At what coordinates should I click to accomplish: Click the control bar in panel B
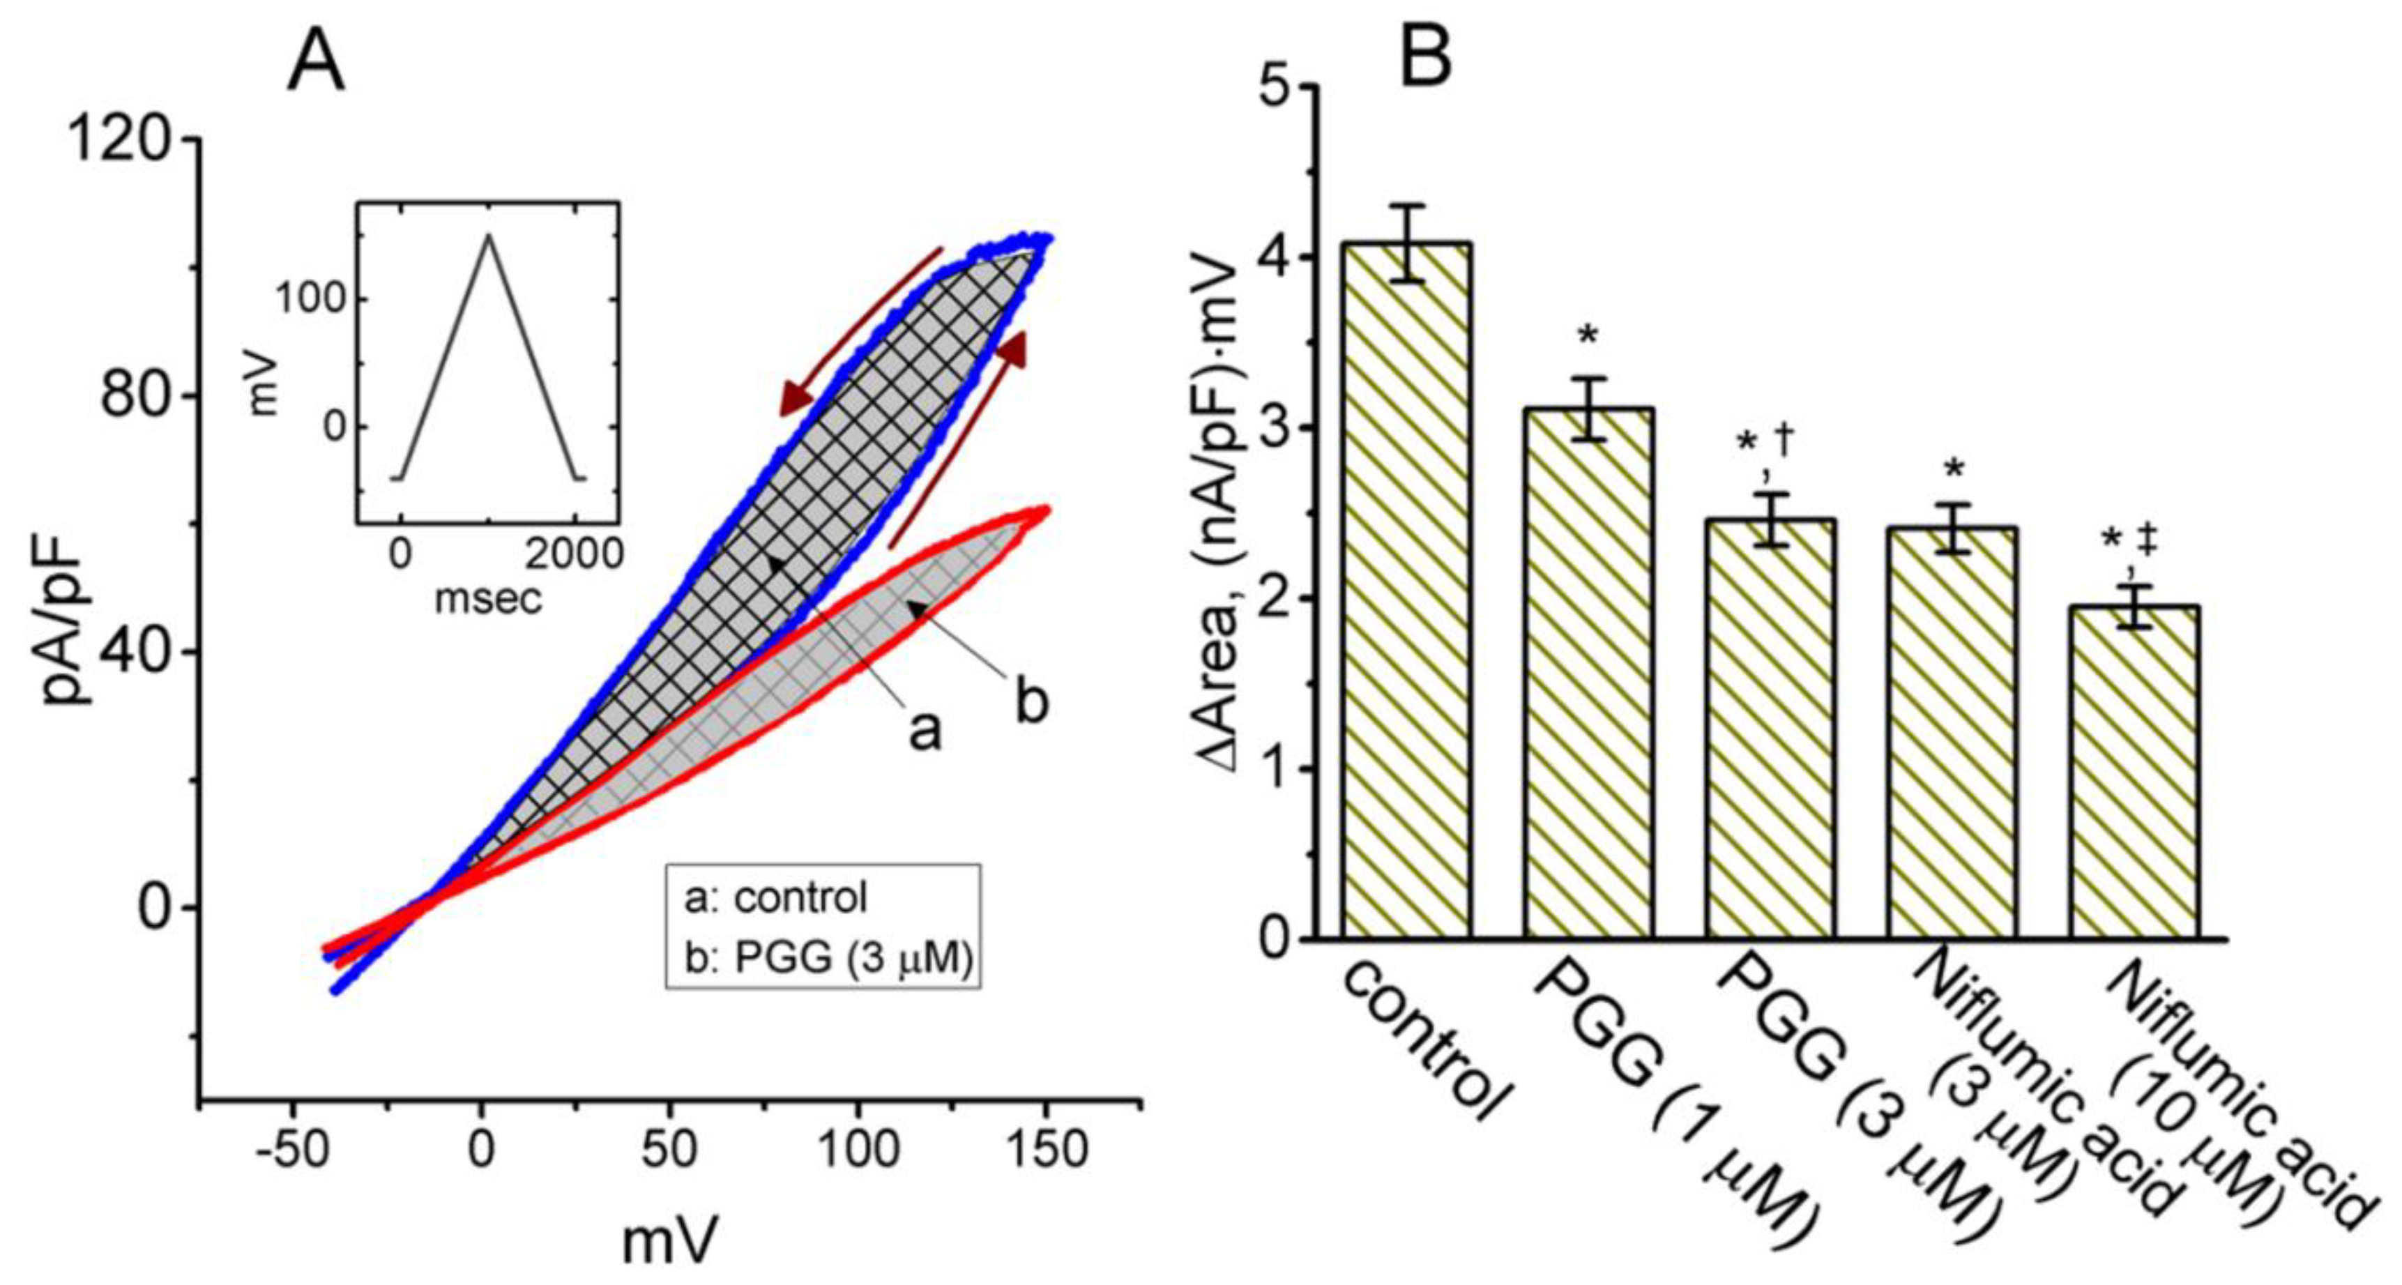[x=1407, y=591]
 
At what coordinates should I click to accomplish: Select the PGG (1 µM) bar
[x=1589, y=674]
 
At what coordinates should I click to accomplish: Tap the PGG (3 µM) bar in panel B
[x=1772, y=729]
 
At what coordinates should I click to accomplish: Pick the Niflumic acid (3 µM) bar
[x=1952, y=733]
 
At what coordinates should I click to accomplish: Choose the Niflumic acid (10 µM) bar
[x=2134, y=772]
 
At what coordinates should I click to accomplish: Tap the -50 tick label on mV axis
[x=293, y=1150]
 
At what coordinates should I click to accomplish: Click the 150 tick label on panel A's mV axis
[x=1048, y=1150]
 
